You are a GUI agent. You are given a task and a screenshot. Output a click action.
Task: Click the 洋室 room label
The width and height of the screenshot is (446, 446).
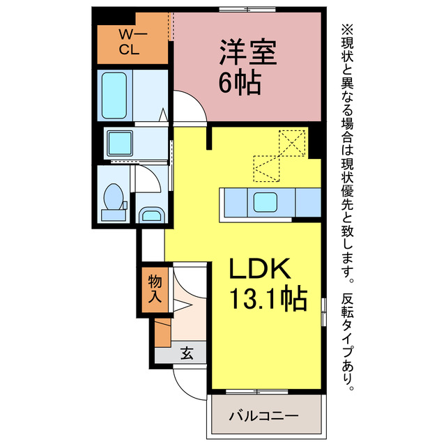(248, 52)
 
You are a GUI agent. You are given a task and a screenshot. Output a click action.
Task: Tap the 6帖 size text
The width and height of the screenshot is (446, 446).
(240, 82)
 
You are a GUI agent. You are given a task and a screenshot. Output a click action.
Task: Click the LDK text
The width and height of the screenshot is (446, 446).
(260, 268)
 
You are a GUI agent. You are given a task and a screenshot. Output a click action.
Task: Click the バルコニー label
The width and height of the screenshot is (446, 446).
(263, 416)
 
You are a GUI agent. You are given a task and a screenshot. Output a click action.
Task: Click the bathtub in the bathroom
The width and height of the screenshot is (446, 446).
(114, 95)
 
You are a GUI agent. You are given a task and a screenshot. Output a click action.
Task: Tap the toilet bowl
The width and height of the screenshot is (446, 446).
(114, 197)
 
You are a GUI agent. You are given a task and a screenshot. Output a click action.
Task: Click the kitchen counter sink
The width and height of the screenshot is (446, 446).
(265, 202)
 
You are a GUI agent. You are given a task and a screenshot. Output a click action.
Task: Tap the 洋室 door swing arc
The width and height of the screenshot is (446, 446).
(197, 100)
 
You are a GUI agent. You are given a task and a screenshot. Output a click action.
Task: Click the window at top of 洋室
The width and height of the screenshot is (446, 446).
(247, 9)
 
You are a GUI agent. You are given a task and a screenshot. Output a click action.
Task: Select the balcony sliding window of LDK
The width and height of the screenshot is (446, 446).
(257, 392)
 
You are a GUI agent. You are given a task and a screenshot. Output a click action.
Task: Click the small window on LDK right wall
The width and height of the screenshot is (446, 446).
(323, 312)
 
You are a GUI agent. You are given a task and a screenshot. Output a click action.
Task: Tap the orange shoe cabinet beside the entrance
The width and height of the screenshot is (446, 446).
(162, 332)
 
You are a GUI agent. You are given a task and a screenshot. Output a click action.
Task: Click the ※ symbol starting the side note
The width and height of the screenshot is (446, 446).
(347, 29)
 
